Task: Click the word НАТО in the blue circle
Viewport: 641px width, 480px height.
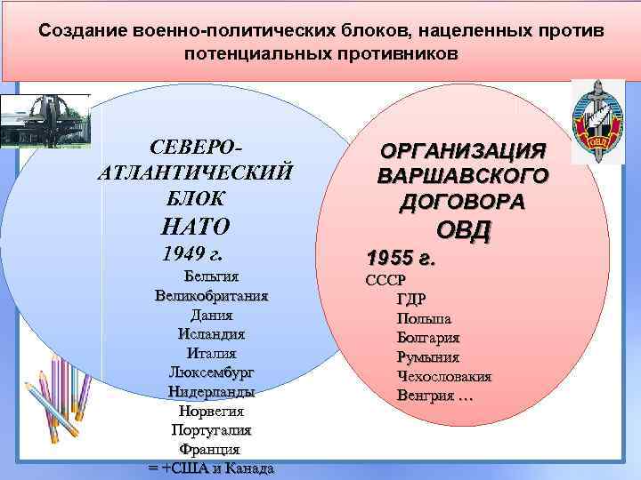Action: pos(197,226)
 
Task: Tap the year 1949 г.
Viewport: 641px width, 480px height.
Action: pos(192,253)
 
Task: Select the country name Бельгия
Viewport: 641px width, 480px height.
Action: pos(210,276)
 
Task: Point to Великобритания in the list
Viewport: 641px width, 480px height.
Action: pos(211,295)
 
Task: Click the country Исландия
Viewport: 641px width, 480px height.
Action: pos(211,334)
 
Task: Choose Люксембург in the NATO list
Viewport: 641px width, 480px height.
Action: pos(211,372)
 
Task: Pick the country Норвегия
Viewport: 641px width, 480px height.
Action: pos(211,411)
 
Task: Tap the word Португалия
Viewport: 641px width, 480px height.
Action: pos(211,430)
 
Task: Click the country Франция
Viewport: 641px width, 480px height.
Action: pos(211,450)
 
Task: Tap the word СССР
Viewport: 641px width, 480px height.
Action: pos(386,281)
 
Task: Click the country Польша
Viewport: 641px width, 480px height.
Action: pos(425,318)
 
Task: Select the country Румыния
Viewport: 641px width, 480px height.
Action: pos(428,356)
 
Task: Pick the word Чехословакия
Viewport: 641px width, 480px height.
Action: pos(444,376)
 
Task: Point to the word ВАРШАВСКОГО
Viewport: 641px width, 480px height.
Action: pos(462,175)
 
